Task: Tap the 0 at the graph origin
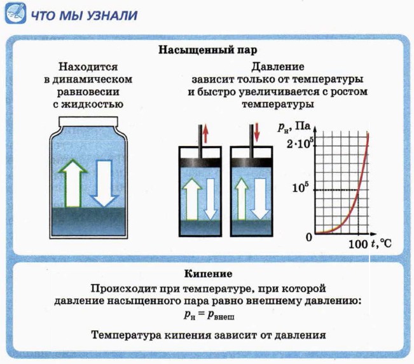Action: [310, 237]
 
